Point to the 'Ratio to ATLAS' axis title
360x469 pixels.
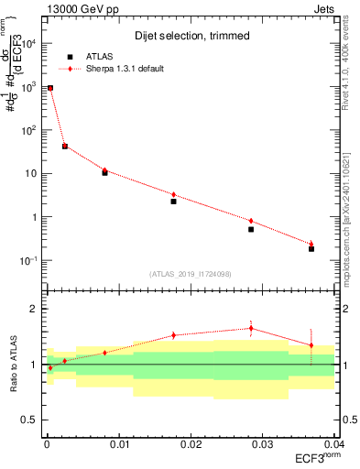[x=13, y=365]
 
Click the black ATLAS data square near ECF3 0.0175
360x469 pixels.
[x=173, y=202]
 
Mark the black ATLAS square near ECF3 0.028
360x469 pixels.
[x=251, y=229]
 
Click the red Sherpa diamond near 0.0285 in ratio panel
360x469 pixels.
[x=251, y=328]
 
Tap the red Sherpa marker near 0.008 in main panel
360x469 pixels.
[x=104, y=169]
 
